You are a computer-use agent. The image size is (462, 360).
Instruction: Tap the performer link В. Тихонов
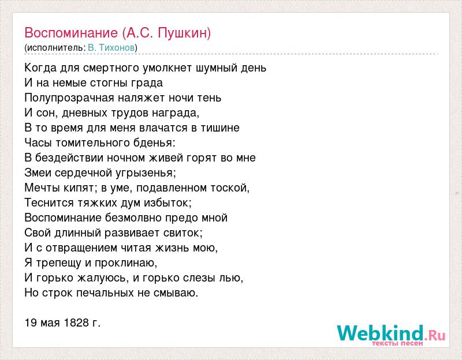[x=111, y=48]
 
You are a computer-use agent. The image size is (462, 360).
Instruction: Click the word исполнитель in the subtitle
[x=54, y=48]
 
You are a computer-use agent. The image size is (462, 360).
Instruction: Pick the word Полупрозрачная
[x=69, y=98]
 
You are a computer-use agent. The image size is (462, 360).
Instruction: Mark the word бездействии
[x=69, y=158]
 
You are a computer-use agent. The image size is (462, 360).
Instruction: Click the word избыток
[x=168, y=203]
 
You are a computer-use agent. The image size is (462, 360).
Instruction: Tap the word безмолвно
[x=133, y=218]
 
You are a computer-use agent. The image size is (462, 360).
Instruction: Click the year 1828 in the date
[x=76, y=323]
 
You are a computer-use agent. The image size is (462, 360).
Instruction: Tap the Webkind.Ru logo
[x=391, y=335]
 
